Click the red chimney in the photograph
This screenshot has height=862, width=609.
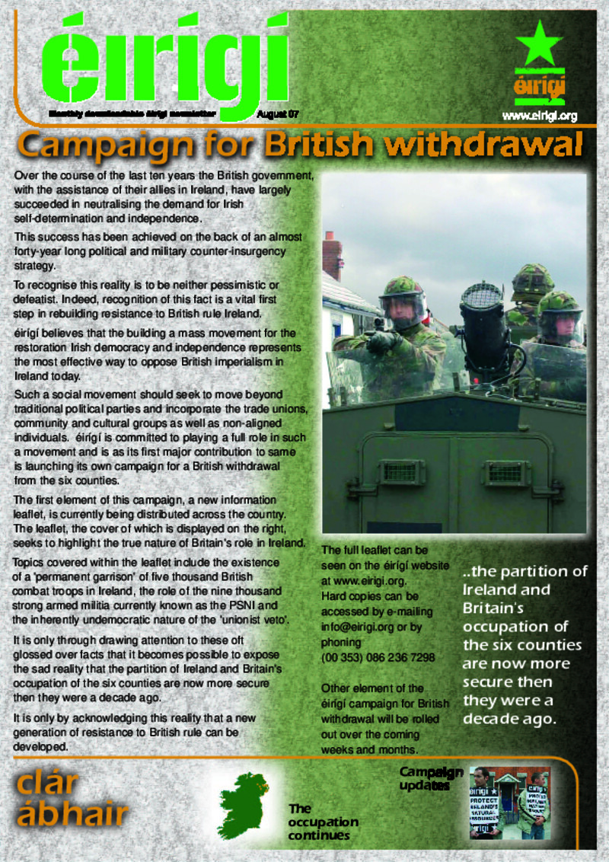[332, 256]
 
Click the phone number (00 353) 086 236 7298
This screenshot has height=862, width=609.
[368, 657]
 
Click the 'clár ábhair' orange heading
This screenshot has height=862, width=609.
[69, 800]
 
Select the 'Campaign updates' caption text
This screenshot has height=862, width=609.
[430, 777]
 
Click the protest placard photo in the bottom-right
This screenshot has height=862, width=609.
[509, 802]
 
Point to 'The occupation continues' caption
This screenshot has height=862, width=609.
[323, 822]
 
